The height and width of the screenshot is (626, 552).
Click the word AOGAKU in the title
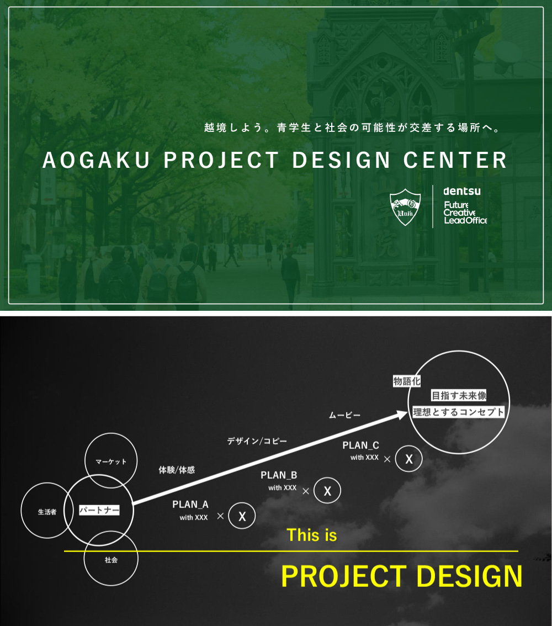(97, 161)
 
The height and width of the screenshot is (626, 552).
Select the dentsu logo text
(461, 191)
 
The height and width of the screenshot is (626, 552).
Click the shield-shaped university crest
(406, 208)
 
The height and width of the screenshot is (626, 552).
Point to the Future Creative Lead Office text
(465, 213)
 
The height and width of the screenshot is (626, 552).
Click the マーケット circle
(111, 461)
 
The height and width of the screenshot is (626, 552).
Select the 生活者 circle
(47, 511)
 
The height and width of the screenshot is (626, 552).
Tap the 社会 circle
(111, 559)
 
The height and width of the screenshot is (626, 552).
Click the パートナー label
(99, 510)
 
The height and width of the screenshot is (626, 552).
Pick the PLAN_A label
(190, 504)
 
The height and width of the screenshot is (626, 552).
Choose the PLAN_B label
(279, 475)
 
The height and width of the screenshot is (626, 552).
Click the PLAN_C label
(360, 445)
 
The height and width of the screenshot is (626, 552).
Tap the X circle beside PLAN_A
(242, 516)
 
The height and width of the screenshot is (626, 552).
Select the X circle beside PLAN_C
(408, 459)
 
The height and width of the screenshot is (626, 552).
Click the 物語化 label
(407, 381)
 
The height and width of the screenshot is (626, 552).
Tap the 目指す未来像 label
(459, 396)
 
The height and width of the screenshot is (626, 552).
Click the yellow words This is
(311, 535)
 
